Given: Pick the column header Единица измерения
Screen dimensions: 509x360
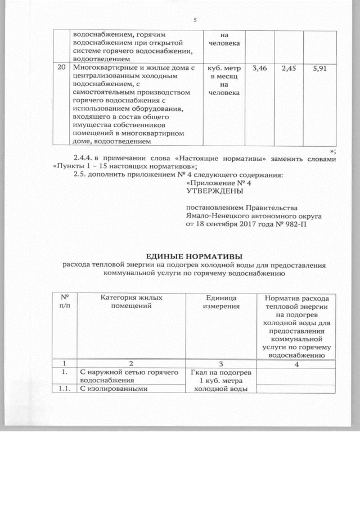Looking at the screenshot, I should pos(222,301).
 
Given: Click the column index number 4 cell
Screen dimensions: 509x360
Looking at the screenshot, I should pos(296,363).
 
